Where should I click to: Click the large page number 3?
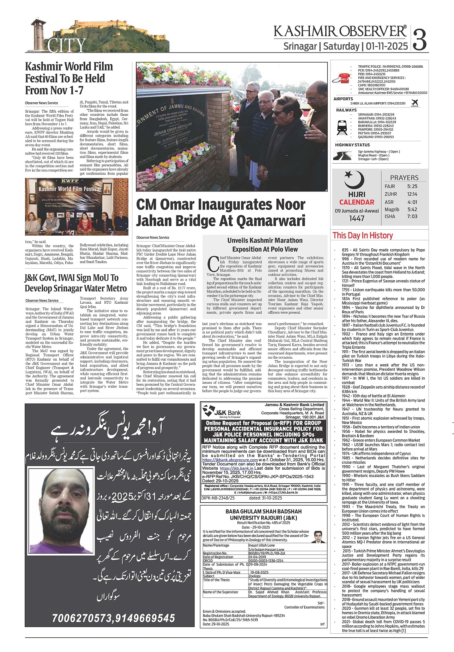420,39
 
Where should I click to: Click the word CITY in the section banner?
67,45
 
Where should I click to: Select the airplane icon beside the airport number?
415,103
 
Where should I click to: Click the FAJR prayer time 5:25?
412,186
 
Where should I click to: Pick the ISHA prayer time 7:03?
412,217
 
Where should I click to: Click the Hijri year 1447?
357,219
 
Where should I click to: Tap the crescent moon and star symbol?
354,180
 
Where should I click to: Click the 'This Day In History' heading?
362,235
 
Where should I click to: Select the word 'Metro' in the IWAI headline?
115,288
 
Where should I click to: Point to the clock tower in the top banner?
37,33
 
